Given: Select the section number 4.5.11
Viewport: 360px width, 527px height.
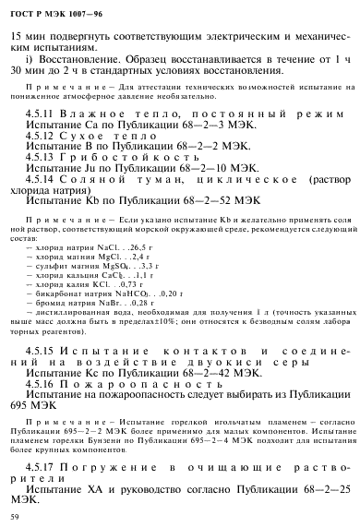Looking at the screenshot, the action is (41, 111).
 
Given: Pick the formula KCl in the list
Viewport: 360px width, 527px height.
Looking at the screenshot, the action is (101, 282).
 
